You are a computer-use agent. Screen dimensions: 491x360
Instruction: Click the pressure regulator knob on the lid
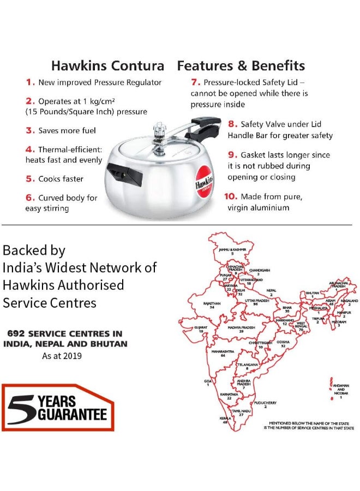coord(159,130)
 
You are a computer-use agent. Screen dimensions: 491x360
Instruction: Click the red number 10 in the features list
coord(230,196)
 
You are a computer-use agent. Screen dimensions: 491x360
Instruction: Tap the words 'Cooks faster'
coord(61,179)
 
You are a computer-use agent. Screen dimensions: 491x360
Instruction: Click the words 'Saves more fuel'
coord(67,130)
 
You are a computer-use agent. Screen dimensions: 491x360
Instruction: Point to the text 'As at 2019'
coord(62,356)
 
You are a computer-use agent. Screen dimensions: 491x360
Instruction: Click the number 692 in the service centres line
coord(17,333)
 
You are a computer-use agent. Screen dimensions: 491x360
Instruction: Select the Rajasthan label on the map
coord(212,303)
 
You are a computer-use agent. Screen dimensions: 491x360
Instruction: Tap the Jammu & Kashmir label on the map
coord(232,249)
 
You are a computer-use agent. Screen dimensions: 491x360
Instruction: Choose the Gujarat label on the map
coord(201,327)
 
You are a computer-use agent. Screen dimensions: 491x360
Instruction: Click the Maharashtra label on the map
coord(223,351)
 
